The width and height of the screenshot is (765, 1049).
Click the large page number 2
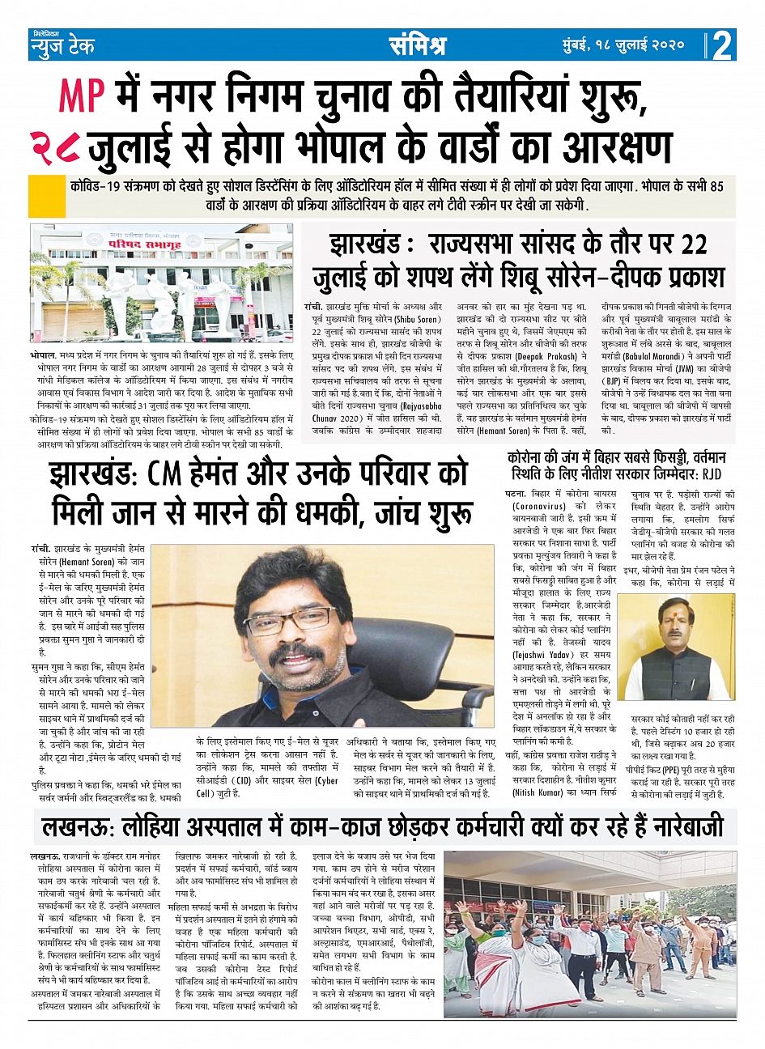(722, 45)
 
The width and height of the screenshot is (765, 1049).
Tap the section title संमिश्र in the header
(417, 45)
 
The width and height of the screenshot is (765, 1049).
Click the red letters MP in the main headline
(82, 96)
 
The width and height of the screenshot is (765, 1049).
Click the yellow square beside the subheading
(46, 194)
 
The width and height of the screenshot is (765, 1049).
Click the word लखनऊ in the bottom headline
(80, 827)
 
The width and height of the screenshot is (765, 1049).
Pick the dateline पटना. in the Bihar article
(515, 494)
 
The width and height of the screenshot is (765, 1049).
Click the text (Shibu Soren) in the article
(415, 318)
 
